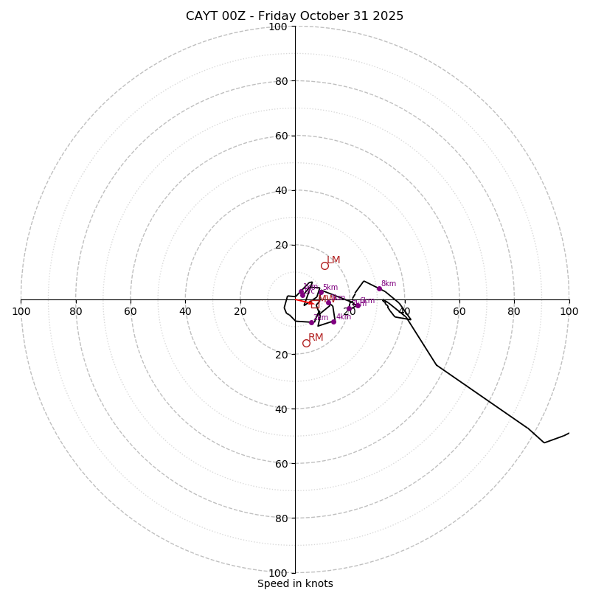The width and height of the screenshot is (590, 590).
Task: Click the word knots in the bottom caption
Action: (318, 583)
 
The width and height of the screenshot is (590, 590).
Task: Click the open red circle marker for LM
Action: (324, 265)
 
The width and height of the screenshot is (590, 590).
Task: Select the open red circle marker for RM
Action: (306, 343)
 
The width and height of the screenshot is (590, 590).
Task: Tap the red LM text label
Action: (333, 260)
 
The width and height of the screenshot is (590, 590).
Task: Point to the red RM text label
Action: (316, 338)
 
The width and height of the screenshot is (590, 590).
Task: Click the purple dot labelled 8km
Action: (379, 288)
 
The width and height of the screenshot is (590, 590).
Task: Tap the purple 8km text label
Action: (389, 283)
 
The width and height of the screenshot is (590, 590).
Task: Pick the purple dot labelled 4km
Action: (333, 322)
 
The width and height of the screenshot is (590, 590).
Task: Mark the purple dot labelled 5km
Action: (321, 293)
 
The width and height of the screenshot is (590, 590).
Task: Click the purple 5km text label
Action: (330, 288)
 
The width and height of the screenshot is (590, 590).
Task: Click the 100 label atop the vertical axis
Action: (278, 27)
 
